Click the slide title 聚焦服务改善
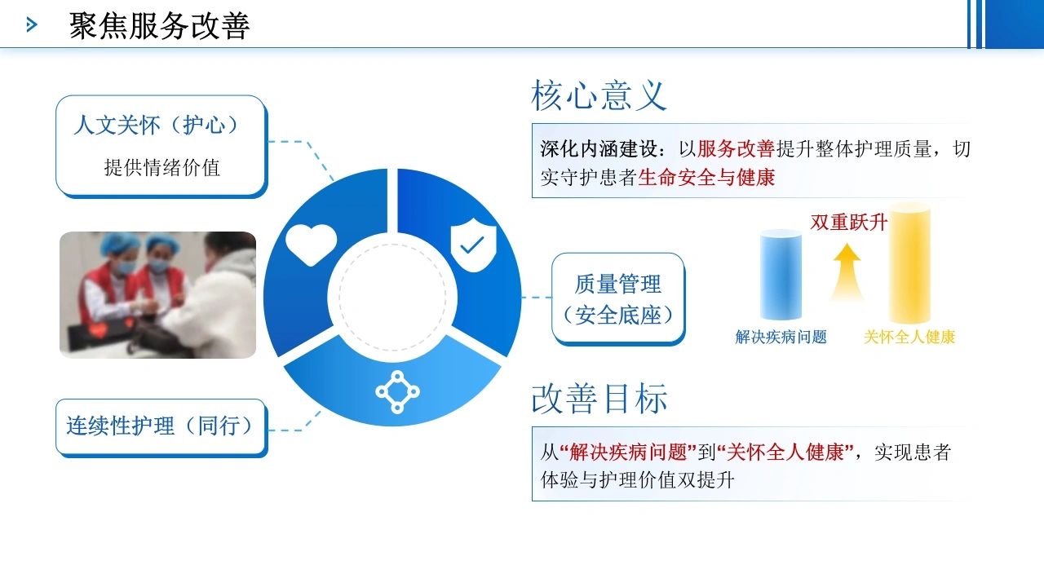point(159,25)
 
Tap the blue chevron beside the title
point(32,24)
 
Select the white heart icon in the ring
point(311,245)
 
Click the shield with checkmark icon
point(474,245)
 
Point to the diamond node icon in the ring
point(397,392)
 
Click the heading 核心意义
point(599,95)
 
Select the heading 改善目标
point(599,399)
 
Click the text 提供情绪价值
point(161,168)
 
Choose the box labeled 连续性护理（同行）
point(161,428)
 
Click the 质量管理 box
point(618,299)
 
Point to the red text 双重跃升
point(849,223)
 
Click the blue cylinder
point(781,275)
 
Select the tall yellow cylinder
point(909,263)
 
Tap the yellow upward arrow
point(847,272)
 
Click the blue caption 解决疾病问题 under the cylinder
point(781,337)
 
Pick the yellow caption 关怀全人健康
point(909,337)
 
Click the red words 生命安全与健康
point(706,178)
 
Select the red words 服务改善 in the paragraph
point(736,149)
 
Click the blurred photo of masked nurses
point(157,295)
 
